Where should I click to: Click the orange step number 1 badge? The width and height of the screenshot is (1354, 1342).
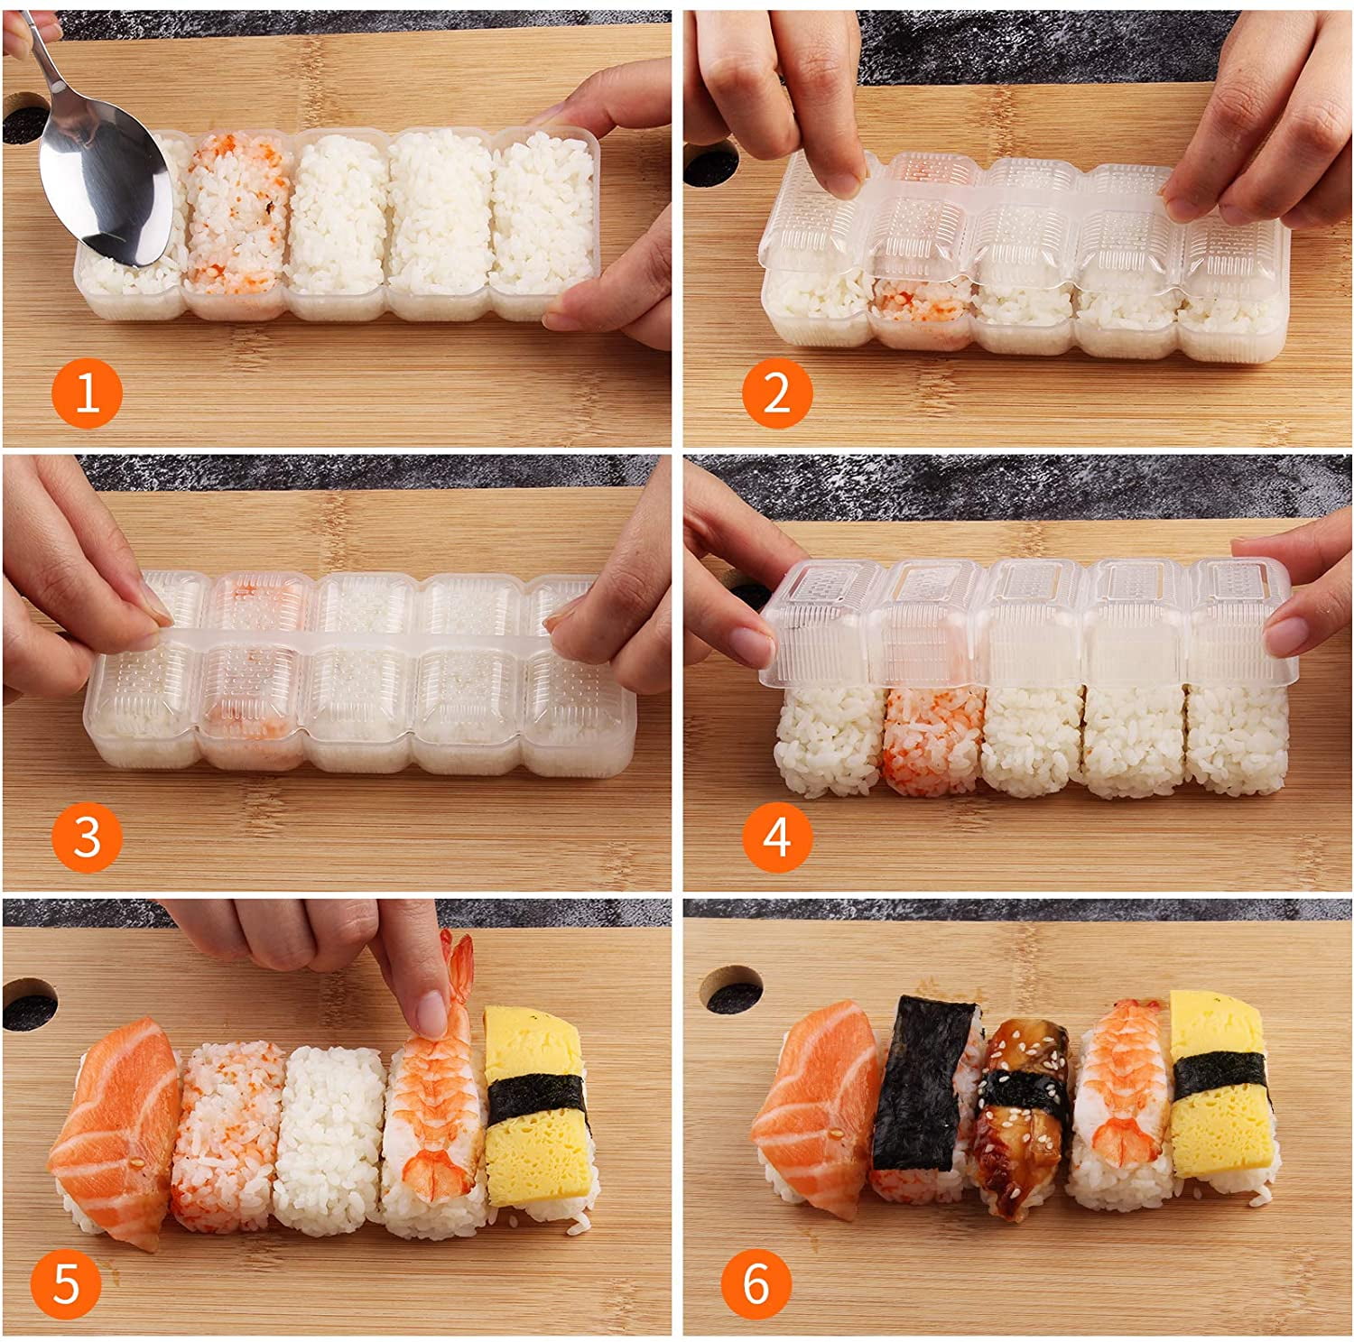click(87, 393)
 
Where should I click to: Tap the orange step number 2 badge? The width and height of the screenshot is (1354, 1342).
click(777, 393)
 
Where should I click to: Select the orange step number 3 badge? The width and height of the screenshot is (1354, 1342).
click(87, 837)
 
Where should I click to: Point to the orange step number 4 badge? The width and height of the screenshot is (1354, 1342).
click(777, 837)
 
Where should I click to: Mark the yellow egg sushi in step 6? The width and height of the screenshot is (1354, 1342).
click(1219, 1083)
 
